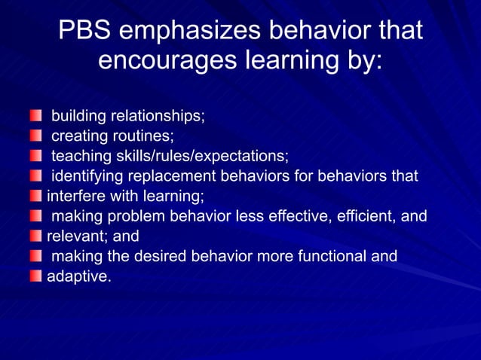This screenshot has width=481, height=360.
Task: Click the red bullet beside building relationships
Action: pos(36,117)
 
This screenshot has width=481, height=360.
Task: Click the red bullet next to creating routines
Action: pos(36,136)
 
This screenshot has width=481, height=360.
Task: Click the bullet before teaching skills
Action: pos(36,157)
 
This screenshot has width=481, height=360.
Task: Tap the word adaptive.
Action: pos(78,276)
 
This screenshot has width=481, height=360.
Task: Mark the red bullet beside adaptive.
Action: pos(36,276)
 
